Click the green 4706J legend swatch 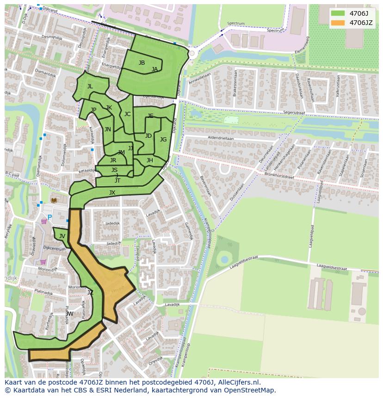[x=338, y=13]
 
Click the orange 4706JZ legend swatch [x=338, y=23]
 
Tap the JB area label [x=142, y=63]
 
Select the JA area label [x=154, y=69]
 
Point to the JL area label [x=90, y=86]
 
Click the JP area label [x=93, y=110]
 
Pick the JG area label [x=163, y=140]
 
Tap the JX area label [x=112, y=193]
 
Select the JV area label [x=62, y=236]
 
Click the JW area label [x=69, y=314]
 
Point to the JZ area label [x=90, y=293]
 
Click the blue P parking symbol [x=50, y=218]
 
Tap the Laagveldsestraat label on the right [x=332, y=267]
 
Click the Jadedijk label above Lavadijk [x=112, y=223]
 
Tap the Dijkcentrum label [x=54, y=249]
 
